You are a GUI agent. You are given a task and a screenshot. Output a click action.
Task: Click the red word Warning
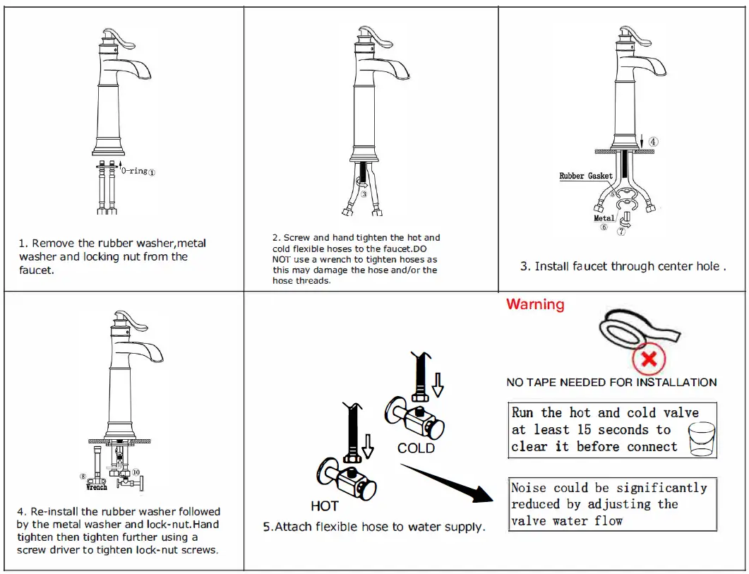click(535, 304)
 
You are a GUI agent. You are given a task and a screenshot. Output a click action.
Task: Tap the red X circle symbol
click(649, 359)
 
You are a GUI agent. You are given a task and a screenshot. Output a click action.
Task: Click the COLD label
click(416, 448)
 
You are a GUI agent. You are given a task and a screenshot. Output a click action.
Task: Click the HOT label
click(324, 506)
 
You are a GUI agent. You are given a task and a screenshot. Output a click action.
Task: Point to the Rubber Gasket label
click(586, 176)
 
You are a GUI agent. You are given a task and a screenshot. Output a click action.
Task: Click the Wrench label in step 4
click(97, 487)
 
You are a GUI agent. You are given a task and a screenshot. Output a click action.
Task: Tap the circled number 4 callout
click(654, 141)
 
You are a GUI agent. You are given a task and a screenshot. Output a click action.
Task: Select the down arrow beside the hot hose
click(368, 446)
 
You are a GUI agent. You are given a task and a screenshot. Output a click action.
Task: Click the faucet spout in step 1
click(139, 68)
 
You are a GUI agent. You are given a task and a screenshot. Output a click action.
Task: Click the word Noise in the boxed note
click(529, 488)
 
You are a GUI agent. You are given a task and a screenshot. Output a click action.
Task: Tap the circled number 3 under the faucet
click(364, 193)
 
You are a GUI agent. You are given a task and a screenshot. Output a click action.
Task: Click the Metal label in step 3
click(604, 218)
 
